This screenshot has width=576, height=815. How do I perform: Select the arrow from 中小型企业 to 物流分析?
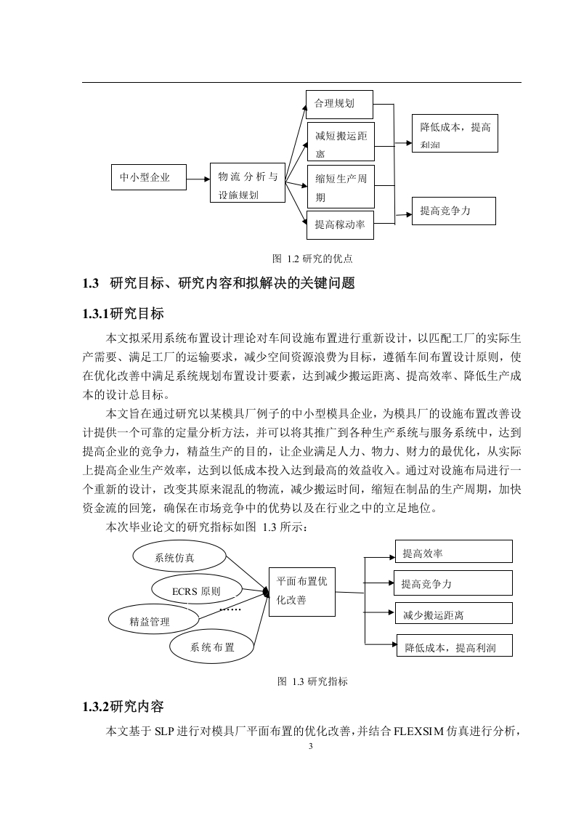coord(198,179)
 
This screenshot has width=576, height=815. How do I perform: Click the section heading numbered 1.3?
coord(219,283)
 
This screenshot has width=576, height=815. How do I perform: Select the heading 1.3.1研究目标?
coord(123,313)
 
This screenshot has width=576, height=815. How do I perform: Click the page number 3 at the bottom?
coord(311,747)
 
